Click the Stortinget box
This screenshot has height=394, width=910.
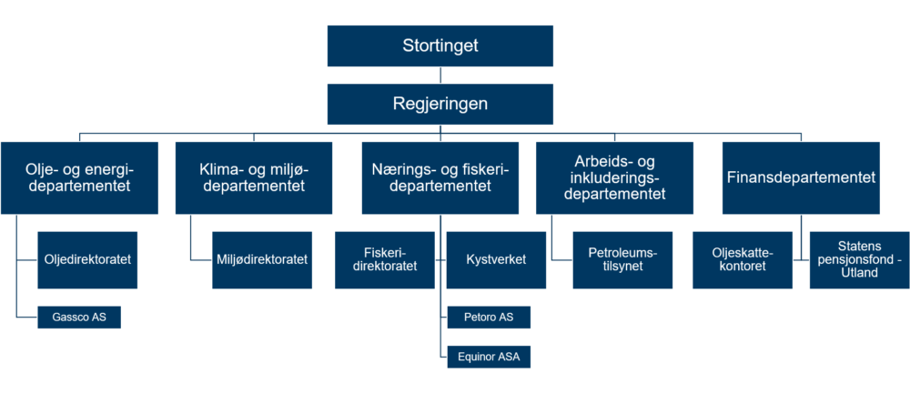(440, 45)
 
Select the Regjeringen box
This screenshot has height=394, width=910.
(440, 104)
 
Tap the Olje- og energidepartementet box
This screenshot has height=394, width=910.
(79, 178)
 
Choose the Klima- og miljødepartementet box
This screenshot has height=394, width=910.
(254, 178)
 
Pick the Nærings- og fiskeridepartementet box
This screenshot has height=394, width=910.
(440, 178)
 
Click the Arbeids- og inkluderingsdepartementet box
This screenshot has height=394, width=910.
(614, 178)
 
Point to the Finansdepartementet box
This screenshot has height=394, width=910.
(801, 178)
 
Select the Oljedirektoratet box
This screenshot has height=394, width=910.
(87, 260)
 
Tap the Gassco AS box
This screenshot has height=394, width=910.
(79, 318)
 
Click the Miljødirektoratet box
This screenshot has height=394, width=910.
(262, 260)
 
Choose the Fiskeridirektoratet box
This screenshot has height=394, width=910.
(385, 260)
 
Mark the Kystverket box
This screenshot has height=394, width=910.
(496, 260)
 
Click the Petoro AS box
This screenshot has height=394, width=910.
(489, 318)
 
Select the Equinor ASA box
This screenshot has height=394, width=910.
(489, 357)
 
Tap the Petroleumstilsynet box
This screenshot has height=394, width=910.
(622, 260)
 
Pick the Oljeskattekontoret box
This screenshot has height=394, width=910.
(743, 260)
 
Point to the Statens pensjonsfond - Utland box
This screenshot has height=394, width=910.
(860, 260)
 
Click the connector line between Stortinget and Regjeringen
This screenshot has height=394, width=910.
(440, 76)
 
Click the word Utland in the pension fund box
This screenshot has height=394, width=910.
(860, 273)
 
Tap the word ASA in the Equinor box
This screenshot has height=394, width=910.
(509, 358)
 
